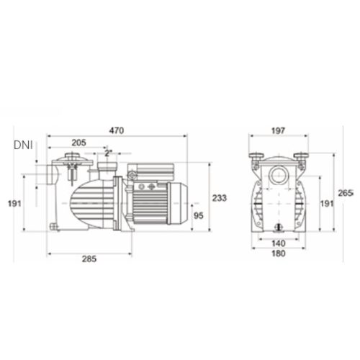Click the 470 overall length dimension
tap(117, 130)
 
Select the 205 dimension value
tap(80, 143)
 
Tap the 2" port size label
tap(108, 153)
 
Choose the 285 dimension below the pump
tap(90, 258)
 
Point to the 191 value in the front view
tap(326, 204)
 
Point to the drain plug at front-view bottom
tap(277, 225)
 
